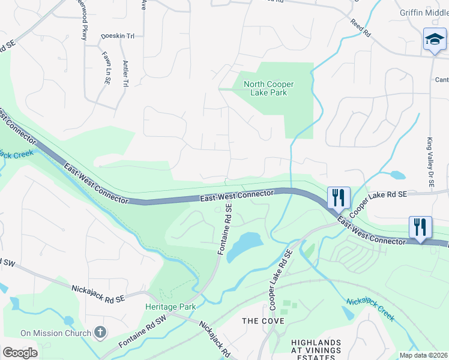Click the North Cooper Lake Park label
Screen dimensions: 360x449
point(265,89)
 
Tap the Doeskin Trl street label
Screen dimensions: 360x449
point(118,37)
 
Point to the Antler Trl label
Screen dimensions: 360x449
point(125,74)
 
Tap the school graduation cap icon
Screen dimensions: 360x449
point(434,40)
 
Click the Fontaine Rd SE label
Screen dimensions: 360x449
point(224,229)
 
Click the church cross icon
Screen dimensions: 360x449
point(100,332)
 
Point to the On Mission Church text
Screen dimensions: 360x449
point(55,333)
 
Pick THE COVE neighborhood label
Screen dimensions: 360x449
point(259,321)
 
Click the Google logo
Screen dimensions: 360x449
point(20,352)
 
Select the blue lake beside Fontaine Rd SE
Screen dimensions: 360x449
point(245,246)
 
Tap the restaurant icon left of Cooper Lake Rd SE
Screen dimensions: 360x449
point(339,197)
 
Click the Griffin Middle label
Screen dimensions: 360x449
point(424,13)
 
